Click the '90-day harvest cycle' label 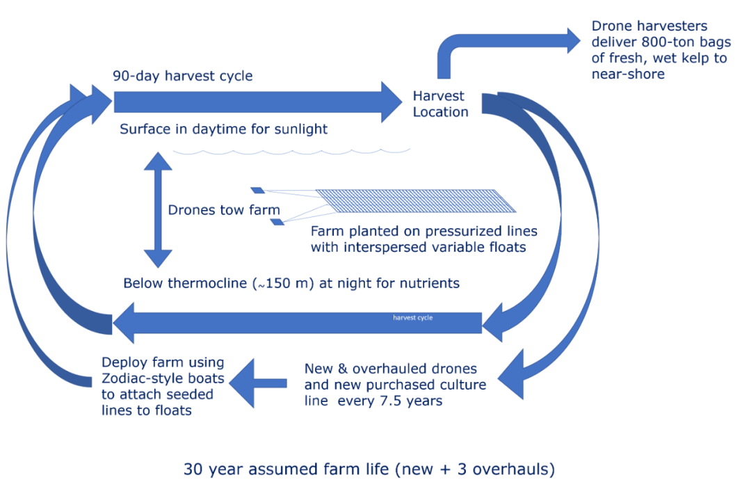(183, 76)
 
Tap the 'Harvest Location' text (440, 104)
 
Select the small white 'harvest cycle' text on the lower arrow (413, 318)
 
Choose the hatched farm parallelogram (416, 200)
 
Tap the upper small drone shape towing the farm (257, 190)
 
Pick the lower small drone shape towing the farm (277, 222)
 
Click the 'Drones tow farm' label (224, 209)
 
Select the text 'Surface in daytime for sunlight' (223, 129)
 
